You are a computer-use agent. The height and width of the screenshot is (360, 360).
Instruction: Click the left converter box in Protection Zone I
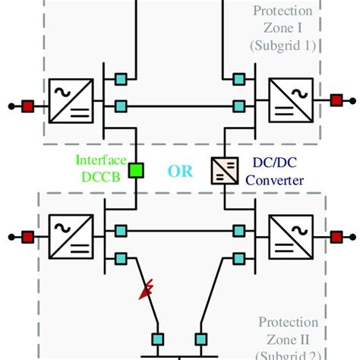click(70, 105)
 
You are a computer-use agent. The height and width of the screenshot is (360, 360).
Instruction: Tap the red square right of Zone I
click(335, 99)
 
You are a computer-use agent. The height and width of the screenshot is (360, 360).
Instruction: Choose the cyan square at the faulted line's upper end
click(120, 259)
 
